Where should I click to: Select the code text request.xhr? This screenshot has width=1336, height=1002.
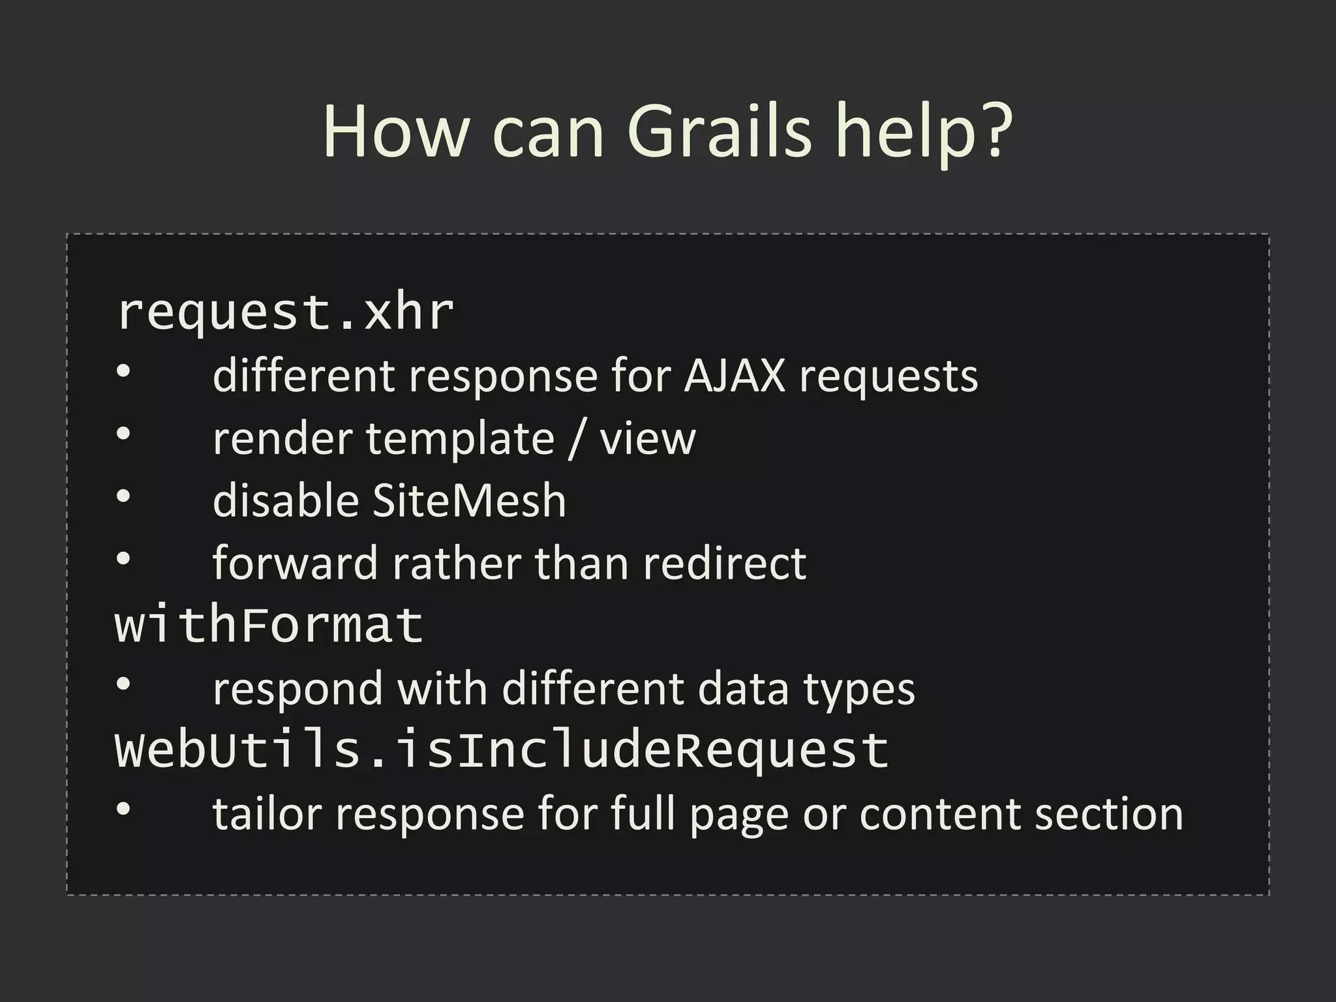coord(285,312)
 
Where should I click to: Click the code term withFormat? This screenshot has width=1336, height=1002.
coord(269,625)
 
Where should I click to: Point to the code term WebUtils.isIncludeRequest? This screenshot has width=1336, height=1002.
coord(502,750)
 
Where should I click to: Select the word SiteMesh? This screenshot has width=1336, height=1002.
coord(469,501)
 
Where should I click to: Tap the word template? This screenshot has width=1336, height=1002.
coord(460,438)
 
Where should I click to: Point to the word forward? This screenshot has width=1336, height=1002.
coord(295,563)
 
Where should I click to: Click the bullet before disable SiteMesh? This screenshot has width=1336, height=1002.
coord(123,497)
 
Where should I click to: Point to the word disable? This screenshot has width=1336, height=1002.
coord(286,501)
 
